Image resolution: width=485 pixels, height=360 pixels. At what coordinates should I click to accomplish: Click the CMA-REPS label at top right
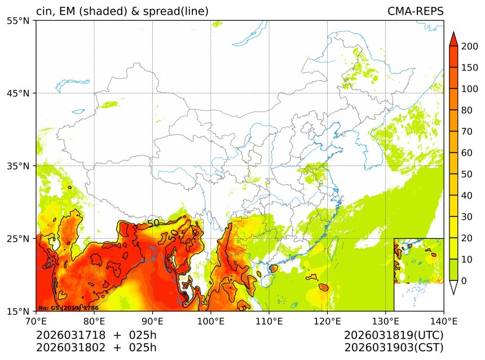[x=415, y=11]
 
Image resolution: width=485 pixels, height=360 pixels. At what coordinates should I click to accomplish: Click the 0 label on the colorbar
[x=464, y=281]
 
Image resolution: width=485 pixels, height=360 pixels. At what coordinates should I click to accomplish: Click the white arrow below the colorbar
[x=453, y=287]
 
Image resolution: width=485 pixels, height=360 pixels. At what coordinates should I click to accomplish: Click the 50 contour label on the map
[x=153, y=223]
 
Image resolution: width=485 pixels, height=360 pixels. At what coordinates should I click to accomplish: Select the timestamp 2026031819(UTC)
[x=394, y=335]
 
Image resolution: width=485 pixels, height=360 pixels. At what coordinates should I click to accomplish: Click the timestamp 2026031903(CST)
[x=394, y=347]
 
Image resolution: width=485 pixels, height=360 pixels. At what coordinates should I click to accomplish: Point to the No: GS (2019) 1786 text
[x=68, y=308]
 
